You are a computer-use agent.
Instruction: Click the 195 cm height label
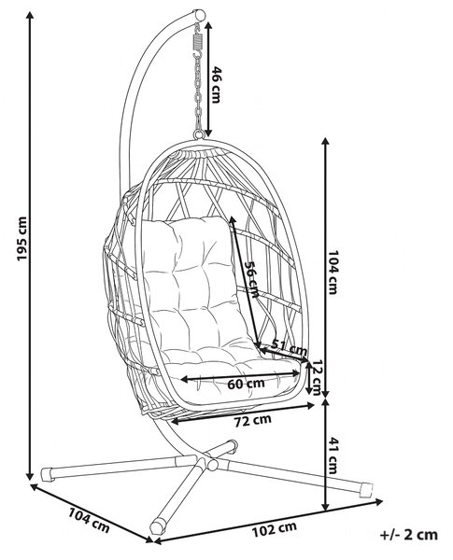point(21,239)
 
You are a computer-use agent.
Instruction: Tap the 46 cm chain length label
point(215,85)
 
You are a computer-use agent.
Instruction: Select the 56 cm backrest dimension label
point(250,279)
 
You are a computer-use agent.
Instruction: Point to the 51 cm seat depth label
point(289,346)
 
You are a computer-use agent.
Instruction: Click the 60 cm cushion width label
point(246,384)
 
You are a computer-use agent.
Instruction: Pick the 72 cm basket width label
point(253,420)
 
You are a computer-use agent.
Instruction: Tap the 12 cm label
point(316,377)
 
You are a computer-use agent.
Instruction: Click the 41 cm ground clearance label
point(333,455)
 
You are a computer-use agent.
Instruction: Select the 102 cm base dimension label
point(275,529)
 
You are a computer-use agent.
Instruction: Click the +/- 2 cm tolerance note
point(409,535)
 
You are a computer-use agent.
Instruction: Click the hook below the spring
point(196,54)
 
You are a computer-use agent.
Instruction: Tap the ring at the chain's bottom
point(199,134)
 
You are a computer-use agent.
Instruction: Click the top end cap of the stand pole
point(200,15)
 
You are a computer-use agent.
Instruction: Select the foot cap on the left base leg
point(48,474)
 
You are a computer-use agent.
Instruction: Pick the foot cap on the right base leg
point(366,489)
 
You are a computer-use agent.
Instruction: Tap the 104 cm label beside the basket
point(333,273)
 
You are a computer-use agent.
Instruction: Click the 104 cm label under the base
point(89,521)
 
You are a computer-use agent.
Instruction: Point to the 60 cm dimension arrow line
point(240,376)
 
